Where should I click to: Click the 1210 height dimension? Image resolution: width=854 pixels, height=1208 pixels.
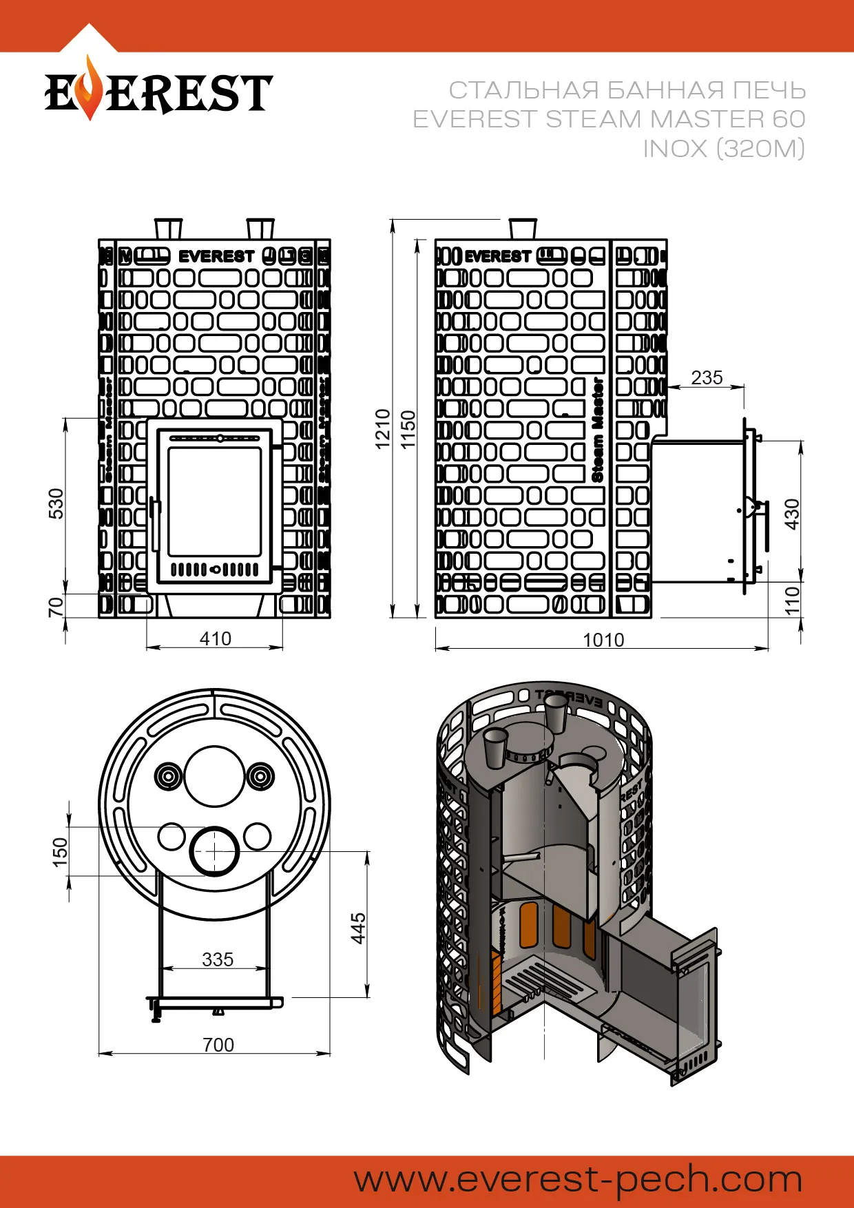[383, 429]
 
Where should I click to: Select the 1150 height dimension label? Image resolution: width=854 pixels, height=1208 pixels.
[409, 429]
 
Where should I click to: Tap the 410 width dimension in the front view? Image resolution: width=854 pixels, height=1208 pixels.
[215, 638]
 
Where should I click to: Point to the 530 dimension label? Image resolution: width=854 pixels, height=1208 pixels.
[56, 503]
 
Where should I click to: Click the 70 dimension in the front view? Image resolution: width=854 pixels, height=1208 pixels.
[56, 607]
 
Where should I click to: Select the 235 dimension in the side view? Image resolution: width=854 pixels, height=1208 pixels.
[707, 377]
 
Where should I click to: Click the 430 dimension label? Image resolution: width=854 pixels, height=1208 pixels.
[793, 514]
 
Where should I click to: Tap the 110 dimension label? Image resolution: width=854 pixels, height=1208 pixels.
[793, 600]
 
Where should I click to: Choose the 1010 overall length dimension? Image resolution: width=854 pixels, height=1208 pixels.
[603, 640]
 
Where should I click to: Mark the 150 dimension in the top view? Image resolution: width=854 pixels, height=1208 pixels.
[61, 851]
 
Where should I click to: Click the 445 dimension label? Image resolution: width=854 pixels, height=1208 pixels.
[358, 928]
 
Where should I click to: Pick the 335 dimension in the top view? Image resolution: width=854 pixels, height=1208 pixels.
[218, 959]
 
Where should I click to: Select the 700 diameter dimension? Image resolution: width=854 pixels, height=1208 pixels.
[218, 1045]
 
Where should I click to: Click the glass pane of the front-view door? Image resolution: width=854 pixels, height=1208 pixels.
[214, 501]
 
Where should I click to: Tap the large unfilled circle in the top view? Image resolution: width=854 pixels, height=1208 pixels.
[214, 775]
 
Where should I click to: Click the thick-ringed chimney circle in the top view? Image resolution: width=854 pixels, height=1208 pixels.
[214, 851]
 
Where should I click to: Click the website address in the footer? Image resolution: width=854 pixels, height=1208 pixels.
[579, 1179]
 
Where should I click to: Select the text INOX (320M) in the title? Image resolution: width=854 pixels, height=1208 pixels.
[723, 148]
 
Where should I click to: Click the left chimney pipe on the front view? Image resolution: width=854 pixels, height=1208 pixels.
[168, 229]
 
